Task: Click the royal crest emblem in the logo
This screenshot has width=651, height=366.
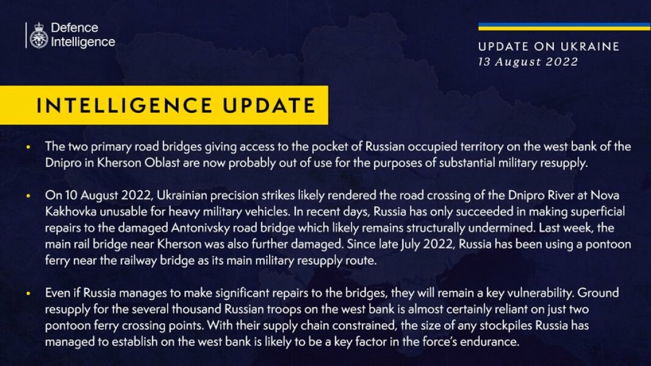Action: pyautogui.click(x=39, y=35)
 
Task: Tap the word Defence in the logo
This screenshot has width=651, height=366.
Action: pyautogui.click(x=74, y=28)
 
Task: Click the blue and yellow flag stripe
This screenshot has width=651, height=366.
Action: pyautogui.click(x=564, y=26)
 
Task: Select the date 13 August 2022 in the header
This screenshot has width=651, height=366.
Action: pyautogui.click(x=528, y=62)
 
